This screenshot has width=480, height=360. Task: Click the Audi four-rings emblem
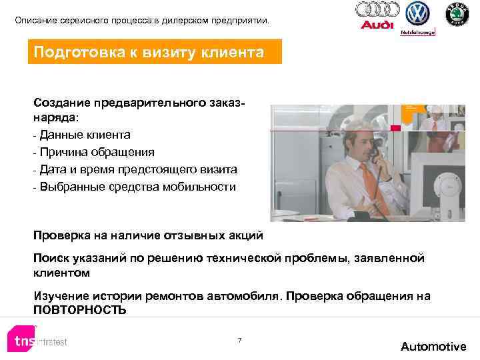tap(377, 10)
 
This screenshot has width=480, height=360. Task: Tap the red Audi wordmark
tap(377, 25)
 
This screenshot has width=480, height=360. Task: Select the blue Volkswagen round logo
tap(418, 13)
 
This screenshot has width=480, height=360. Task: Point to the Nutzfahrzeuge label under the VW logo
tap(417, 31)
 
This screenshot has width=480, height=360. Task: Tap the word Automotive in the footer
tap(433, 346)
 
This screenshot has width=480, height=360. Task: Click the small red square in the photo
tap(395, 127)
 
